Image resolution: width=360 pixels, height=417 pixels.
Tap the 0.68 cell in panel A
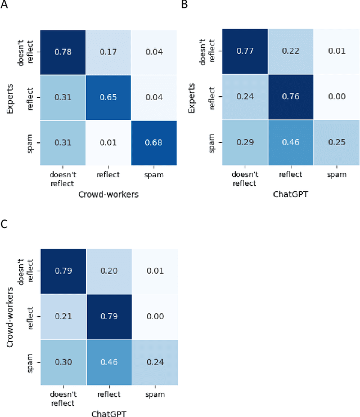point(153,143)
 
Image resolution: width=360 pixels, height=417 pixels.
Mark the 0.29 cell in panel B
point(244,143)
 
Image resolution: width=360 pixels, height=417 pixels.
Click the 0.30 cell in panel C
point(62,362)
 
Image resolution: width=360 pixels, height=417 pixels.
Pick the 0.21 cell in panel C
point(62,317)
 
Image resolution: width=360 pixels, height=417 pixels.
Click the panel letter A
point(4,5)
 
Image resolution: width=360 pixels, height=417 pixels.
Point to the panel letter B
point(184,5)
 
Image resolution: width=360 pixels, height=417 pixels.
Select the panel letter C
point(4,224)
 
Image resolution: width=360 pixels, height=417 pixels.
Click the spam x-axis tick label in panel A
point(153,176)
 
